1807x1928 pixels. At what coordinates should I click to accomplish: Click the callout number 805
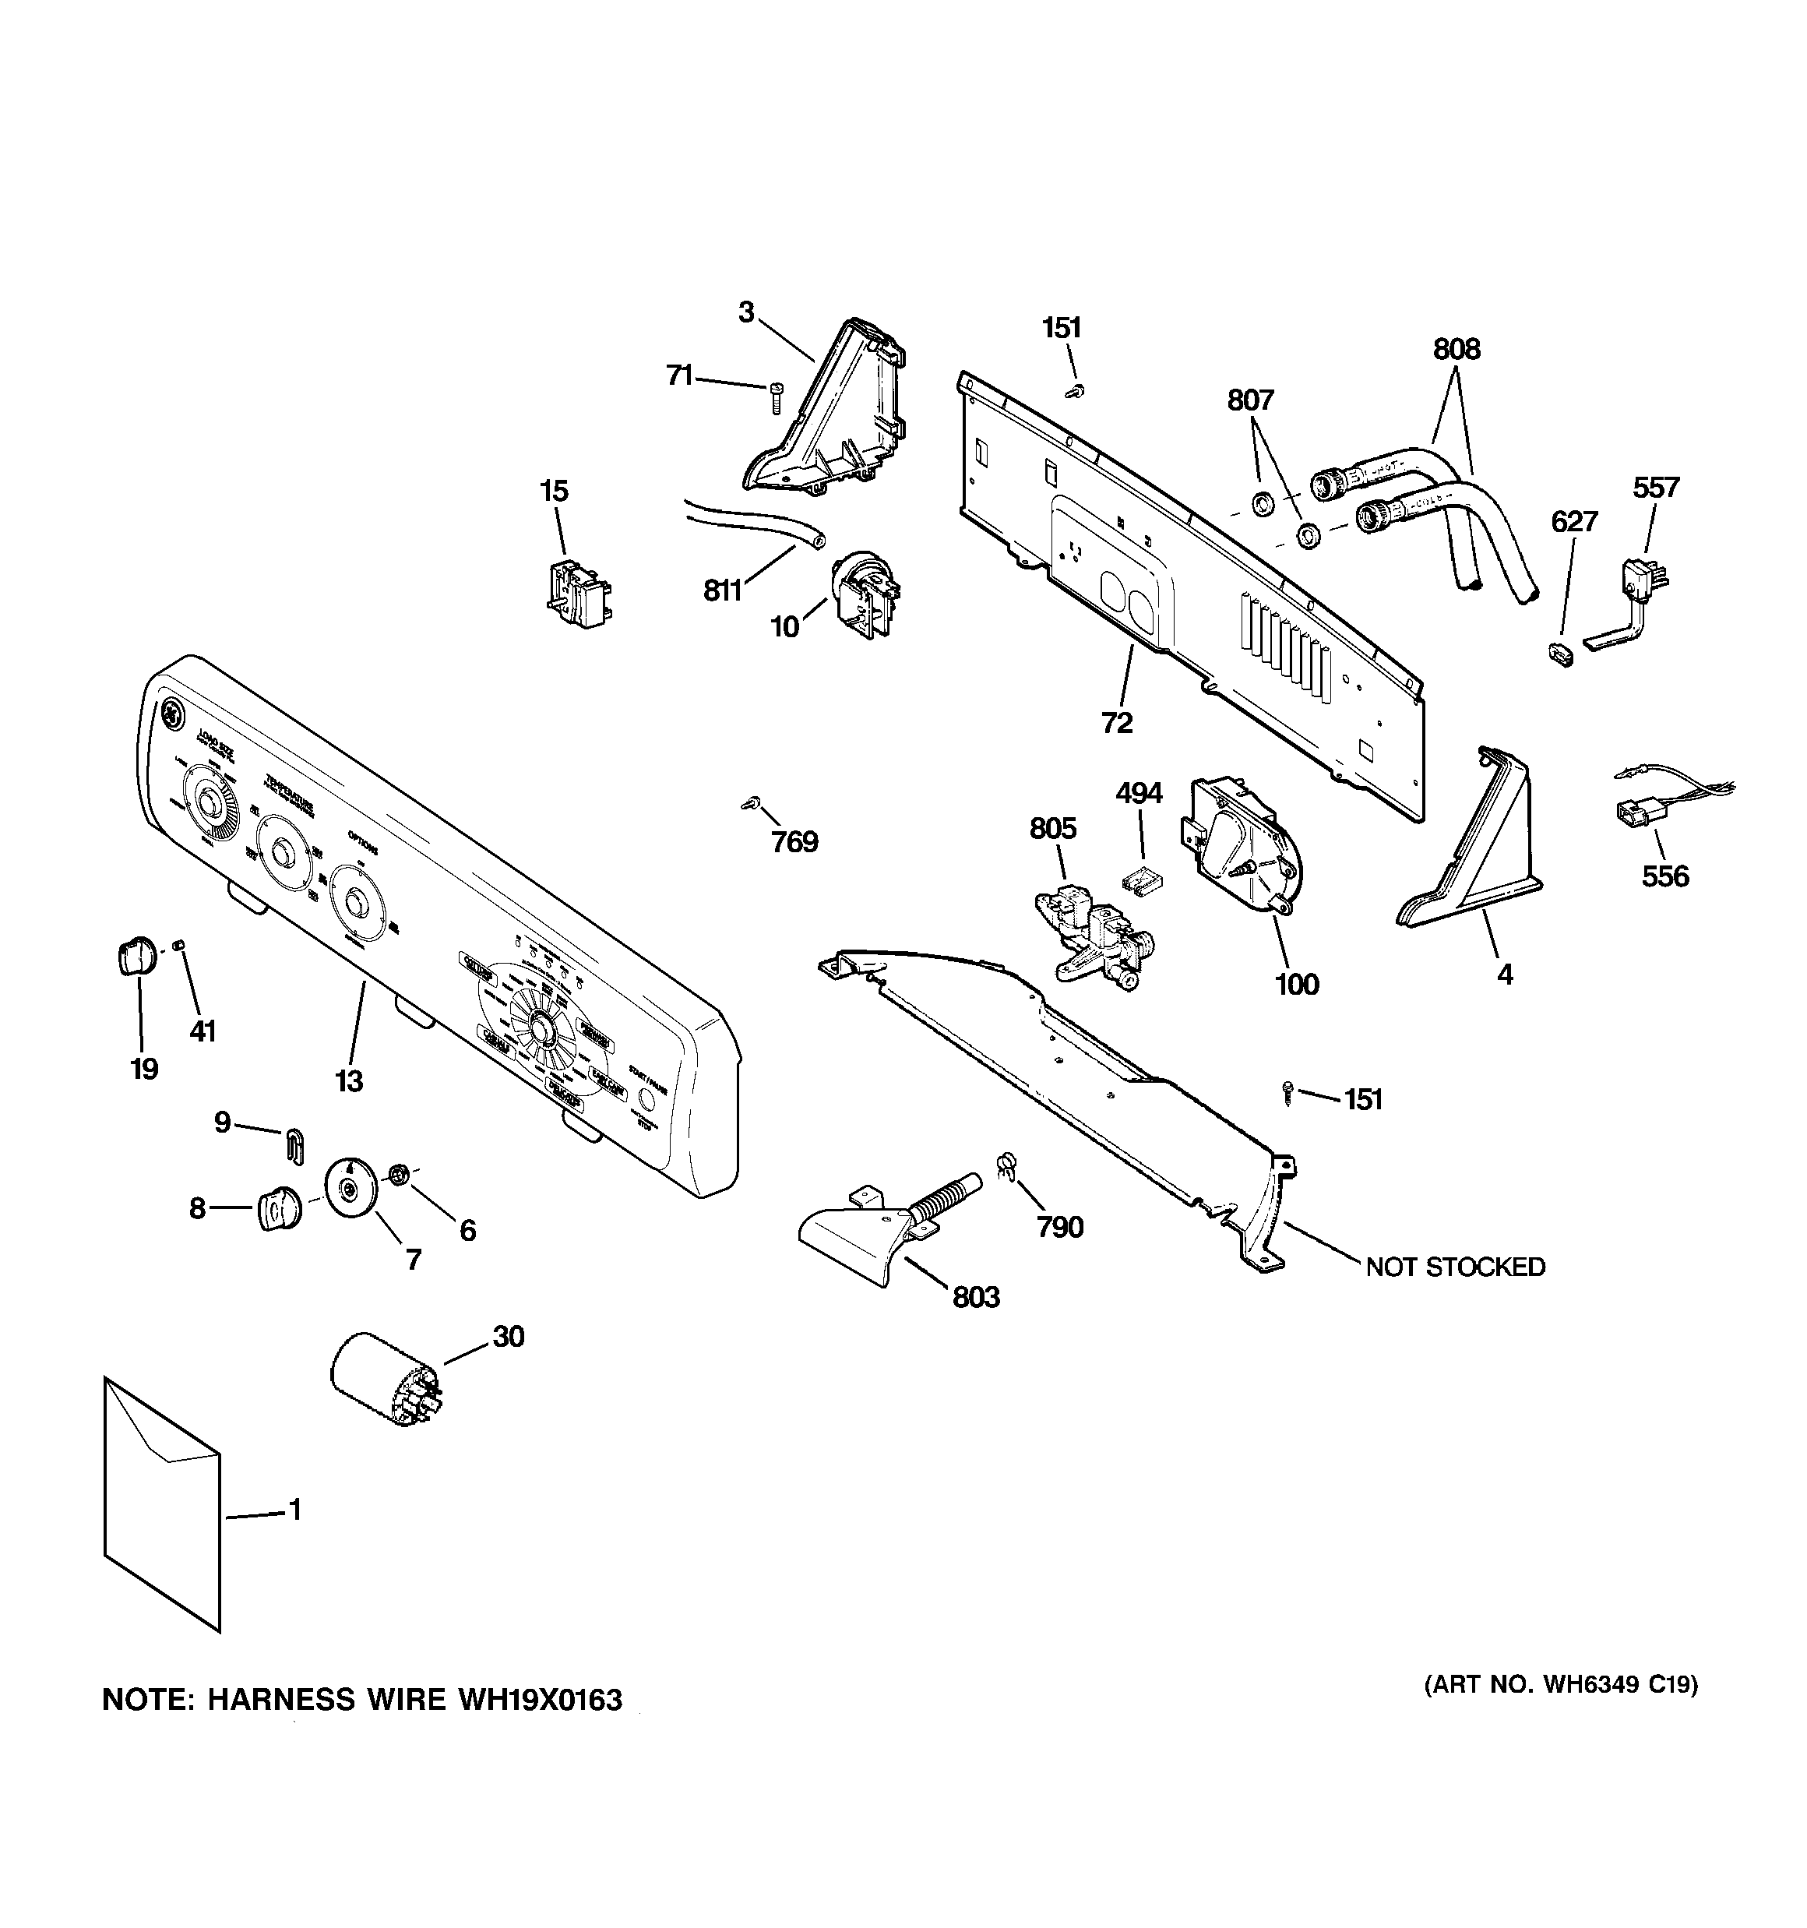click(1052, 828)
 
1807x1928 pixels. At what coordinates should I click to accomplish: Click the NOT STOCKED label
click(1455, 1267)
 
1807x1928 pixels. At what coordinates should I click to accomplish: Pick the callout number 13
click(349, 1080)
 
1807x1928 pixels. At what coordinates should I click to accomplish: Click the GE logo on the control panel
click(171, 715)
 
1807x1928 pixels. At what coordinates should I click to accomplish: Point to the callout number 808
click(1456, 349)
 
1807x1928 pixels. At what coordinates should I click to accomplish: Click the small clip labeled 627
click(1559, 652)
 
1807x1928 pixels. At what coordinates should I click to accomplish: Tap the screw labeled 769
click(750, 803)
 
